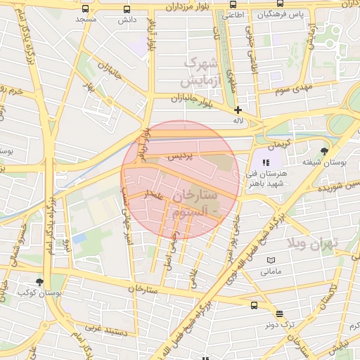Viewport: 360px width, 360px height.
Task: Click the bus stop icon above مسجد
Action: pos(86,10)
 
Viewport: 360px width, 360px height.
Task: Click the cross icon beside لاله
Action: pos(238,110)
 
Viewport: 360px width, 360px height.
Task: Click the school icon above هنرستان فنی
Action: pos(266,162)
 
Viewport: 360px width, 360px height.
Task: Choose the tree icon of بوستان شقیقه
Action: pos(323,151)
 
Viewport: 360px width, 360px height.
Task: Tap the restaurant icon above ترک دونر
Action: pos(280,314)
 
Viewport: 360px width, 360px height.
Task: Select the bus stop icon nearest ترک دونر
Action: pos(255,305)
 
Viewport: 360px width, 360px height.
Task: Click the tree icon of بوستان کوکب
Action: pos(39,282)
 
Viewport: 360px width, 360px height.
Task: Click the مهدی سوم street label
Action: pos(294,89)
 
